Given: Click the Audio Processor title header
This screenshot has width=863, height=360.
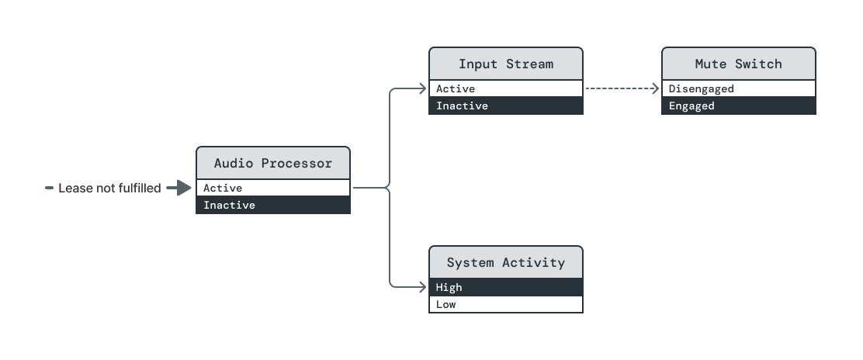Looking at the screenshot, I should [272, 163].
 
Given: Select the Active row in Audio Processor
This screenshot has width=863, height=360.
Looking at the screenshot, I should [272, 188].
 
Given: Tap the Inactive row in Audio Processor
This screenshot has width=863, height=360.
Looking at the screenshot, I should [272, 205].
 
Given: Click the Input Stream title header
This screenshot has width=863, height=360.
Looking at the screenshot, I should [505, 64].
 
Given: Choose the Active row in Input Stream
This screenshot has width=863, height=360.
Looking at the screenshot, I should [505, 88].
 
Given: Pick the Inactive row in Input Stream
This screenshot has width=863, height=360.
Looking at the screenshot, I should [505, 106].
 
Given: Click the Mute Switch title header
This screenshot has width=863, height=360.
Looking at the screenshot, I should [738, 64].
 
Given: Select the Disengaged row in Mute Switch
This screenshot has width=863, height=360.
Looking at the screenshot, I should [738, 88].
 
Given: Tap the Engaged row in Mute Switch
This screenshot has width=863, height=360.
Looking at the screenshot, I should [738, 106].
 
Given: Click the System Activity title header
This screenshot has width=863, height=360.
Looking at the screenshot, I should [505, 262].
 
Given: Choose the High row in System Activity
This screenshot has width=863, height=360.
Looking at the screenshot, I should [505, 287].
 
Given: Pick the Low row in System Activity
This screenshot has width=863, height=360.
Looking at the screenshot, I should [505, 304].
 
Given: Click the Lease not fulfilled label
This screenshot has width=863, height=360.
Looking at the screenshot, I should [109, 188].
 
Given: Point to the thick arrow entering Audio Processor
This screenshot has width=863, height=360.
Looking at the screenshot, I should [178, 188].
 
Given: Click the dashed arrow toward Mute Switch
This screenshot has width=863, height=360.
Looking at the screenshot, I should [621, 88].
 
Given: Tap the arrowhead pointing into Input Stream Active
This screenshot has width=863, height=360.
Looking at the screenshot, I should [423, 88].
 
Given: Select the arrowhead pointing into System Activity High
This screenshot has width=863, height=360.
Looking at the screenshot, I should [423, 287].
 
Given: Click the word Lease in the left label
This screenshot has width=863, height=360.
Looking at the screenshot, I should [75, 188].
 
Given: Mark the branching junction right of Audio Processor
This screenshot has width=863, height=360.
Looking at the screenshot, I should [388, 188].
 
